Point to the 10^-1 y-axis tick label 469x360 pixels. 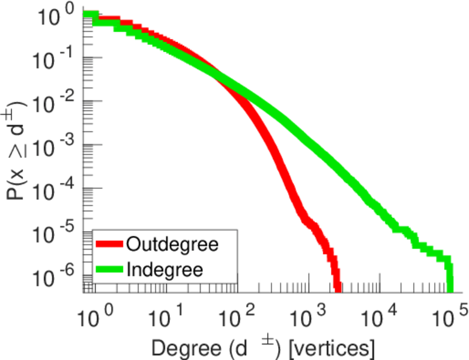[x=55, y=58]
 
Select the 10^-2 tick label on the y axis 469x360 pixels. [x=55, y=101]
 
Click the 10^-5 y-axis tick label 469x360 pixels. [x=55, y=230]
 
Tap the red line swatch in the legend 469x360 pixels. [x=109, y=245]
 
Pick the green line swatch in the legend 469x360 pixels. [x=109, y=269]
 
